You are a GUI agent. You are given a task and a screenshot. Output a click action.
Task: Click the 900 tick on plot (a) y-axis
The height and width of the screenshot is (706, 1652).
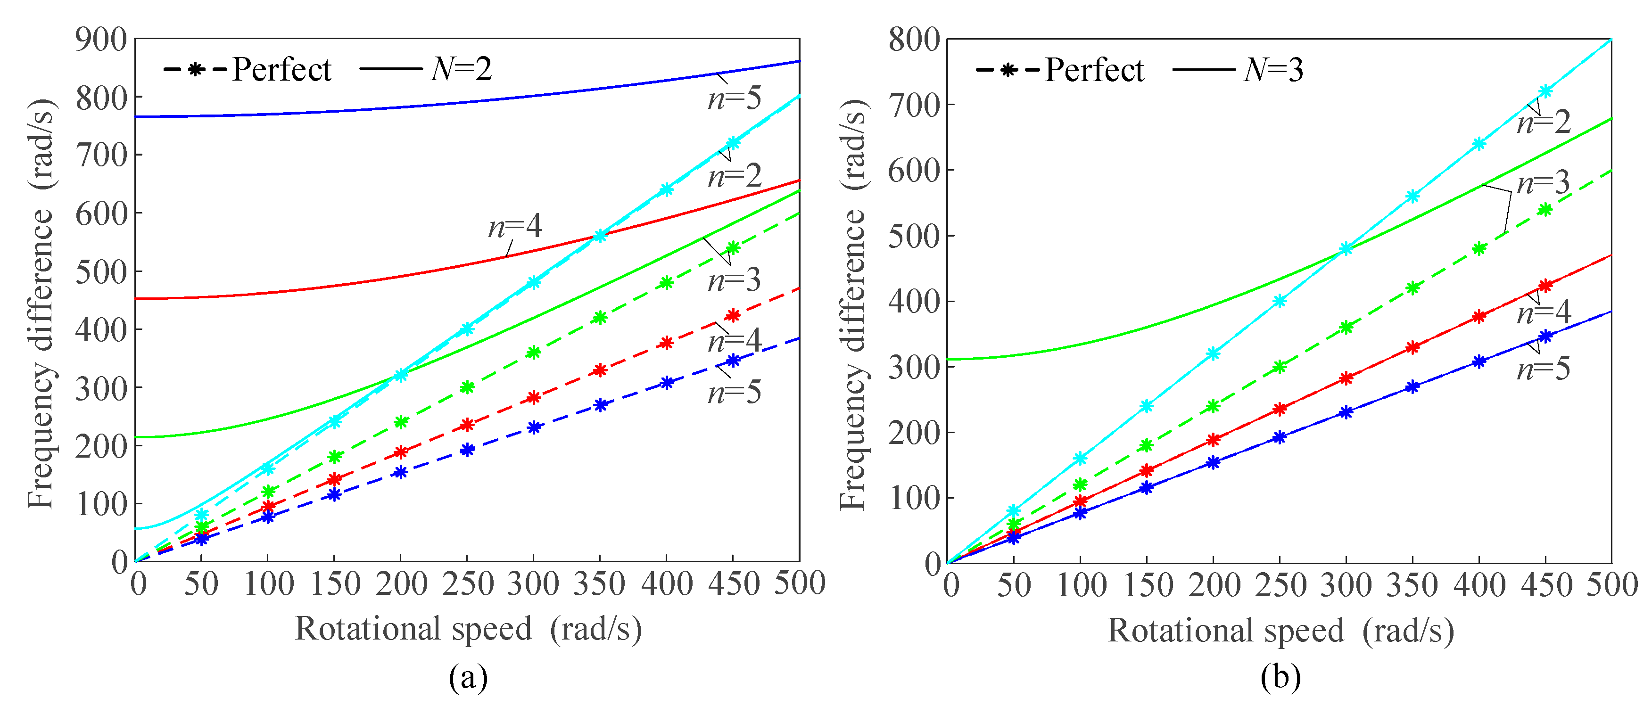pyautogui.click(x=101, y=40)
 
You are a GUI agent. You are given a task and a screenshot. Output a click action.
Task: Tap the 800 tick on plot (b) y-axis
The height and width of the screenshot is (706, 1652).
pyautogui.click(x=913, y=40)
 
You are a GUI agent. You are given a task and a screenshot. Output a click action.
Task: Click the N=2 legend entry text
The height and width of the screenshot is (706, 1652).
pyautogui.click(x=461, y=69)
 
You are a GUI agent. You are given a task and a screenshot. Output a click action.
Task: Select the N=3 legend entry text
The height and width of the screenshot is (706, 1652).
pyautogui.click(x=1272, y=69)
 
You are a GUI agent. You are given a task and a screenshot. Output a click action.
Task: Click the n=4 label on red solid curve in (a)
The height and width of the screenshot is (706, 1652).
pyautogui.click(x=515, y=226)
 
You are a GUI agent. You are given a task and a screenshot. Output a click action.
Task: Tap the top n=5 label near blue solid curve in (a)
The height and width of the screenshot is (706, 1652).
pyautogui.click(x=734, y=98)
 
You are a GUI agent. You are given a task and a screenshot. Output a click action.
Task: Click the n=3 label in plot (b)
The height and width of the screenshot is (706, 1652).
pyautogui.click(x=1543, y=183)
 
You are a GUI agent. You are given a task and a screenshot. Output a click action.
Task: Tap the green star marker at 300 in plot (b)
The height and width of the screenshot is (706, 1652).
pyautogui.click(x=1346, y=328)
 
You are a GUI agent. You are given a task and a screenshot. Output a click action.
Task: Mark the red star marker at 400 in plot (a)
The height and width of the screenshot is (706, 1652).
pyautogui.click(x=666, y=343)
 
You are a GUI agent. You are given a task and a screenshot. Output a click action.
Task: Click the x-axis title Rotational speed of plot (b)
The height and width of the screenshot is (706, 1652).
pyautogui.click(x=1225, y=630)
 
